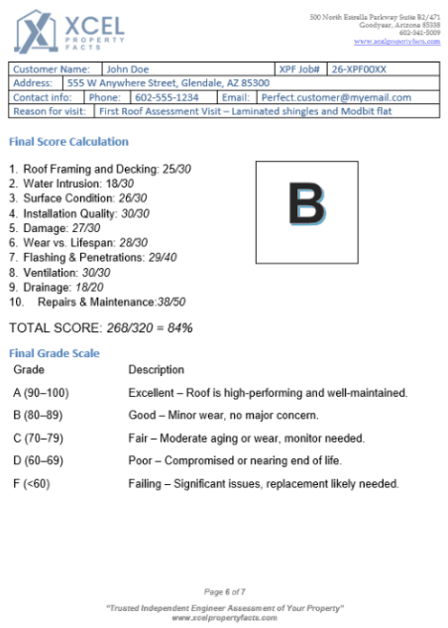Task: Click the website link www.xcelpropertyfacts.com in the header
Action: pos(396,41)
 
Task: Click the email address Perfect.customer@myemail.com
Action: pos(336,97)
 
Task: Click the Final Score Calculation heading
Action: pos(68,142)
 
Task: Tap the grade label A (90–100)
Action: pos(42,393)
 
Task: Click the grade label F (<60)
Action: pos(37,483)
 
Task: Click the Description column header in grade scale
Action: pos(157,369)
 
